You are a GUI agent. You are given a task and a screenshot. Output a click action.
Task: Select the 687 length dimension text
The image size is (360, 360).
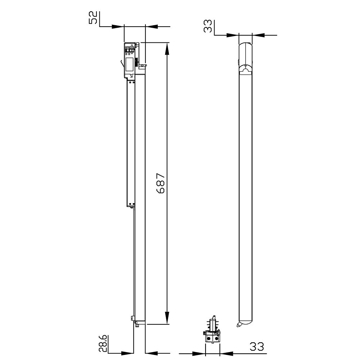point(161,183)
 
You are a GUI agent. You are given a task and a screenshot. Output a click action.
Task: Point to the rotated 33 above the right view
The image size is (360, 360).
point(208,26)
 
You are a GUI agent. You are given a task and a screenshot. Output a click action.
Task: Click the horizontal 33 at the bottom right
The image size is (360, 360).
point(257,347)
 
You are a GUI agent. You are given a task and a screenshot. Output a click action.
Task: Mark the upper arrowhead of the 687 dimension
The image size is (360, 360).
point(167,49)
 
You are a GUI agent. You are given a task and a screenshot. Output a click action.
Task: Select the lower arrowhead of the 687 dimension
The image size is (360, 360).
point(167,318)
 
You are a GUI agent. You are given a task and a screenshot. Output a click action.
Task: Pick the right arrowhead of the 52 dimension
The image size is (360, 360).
point(152,27)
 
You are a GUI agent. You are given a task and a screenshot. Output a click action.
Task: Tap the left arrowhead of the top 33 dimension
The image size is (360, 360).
point(233,35)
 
